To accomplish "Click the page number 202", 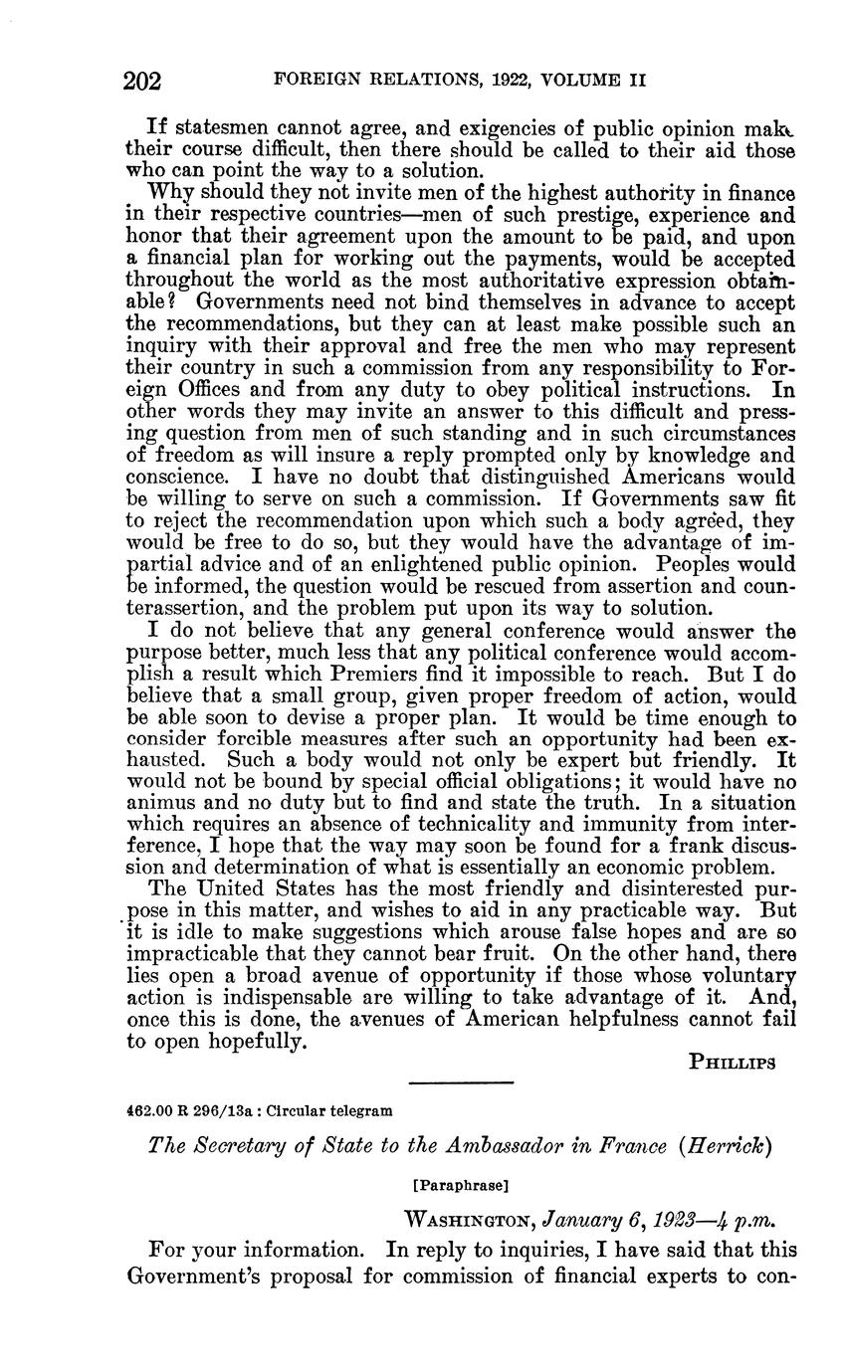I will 145,81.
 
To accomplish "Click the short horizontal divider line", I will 461,1082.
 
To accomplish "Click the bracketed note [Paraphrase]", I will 460,1185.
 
